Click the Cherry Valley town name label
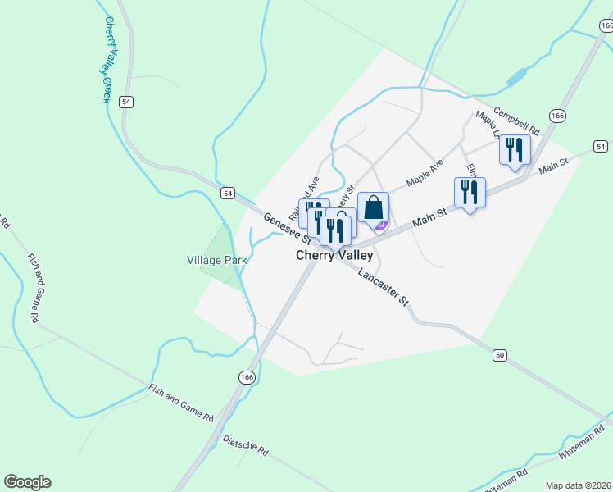pyautogui.click(x=334, y=255)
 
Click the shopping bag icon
pyautogui.click(x=373, y=208)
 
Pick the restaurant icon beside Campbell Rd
pyautogui.click(x=515, y=149)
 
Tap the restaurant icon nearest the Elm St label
pyautogui.click(x=470, y=192)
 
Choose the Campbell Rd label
pyautogui.click(x=517, y=121)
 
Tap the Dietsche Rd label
pyautogui.click(x=245, y=445)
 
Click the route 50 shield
pyautogui.click(x=500, y=354)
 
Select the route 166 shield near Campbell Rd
pyautogui.click(x=557, y=116)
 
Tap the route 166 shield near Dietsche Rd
pyautogui.click(x=247, y=376)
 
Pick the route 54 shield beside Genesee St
pyautogui.click(x=228, y=193)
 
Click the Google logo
pyautogui.click(x=27, y=482)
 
